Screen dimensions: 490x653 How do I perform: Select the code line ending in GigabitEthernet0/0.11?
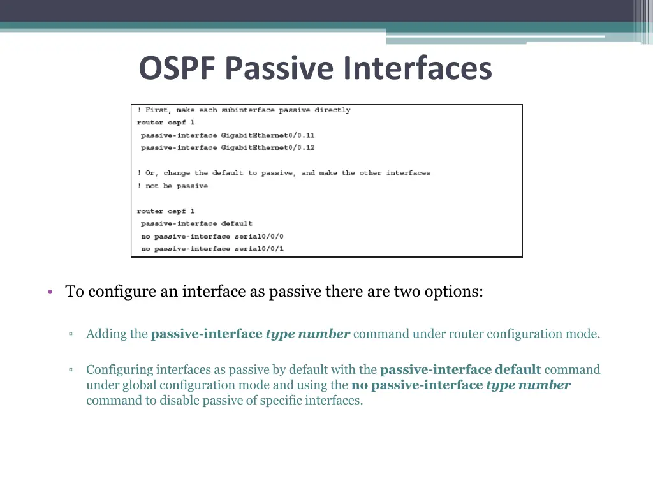pos(227,135)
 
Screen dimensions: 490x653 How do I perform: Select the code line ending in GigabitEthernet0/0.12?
pos(227,148)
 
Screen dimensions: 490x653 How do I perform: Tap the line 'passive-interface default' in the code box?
pos(196,224)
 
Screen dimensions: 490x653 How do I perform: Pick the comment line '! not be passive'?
pos(172,186)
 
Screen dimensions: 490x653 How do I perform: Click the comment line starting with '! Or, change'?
pos(284,174)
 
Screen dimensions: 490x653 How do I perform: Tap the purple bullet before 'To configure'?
pos(49,293)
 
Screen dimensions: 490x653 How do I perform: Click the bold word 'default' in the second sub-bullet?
pos(517,370)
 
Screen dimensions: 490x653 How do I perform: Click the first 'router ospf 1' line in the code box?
pos(166,122)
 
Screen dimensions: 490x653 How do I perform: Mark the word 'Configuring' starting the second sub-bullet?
pos(120,370)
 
